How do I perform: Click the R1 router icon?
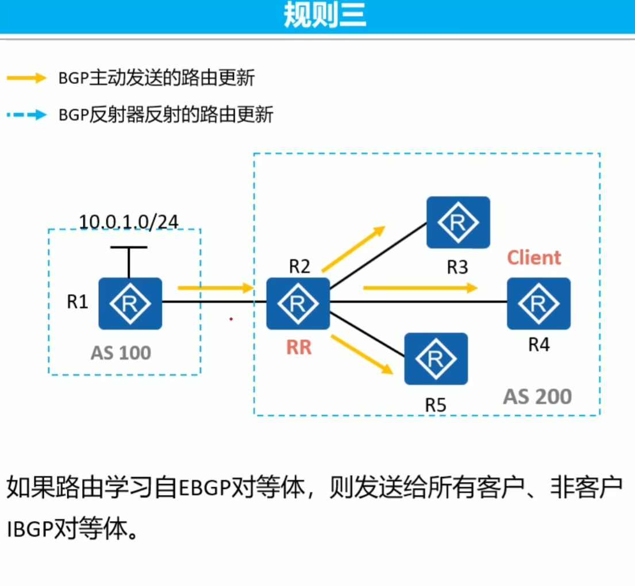tap(130, 303)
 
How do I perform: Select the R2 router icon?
tap(298, 303)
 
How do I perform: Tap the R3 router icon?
tap(458, 222)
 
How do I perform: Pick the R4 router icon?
tap(538, 303)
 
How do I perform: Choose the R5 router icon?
tap(436, 359)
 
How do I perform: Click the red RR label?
tap(299, 347)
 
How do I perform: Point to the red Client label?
tap(534, 257)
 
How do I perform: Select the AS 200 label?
tap(537, 396)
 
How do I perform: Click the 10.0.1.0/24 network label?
tap(128, 221)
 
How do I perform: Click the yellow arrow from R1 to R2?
tap(215, 287)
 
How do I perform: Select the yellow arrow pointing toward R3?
tap(353, 249)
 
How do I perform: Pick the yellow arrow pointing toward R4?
tap(420, 287)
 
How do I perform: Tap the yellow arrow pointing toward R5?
tap(362, 354)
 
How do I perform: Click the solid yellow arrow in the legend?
tap(26, 78)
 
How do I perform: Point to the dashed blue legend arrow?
tap(26, 115)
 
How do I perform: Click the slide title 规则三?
tap(325, 16)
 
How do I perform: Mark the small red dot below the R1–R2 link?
tap(231, 318)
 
